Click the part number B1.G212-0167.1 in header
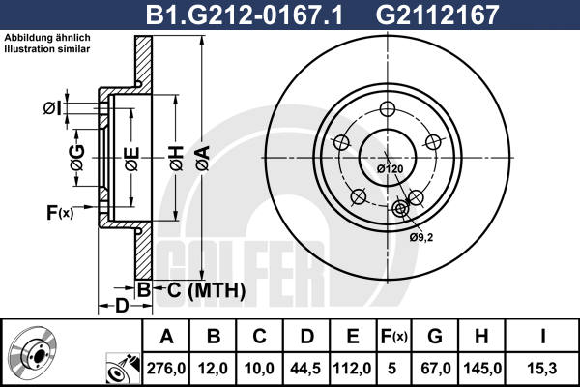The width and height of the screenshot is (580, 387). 245,15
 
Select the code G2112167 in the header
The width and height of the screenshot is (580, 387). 438,15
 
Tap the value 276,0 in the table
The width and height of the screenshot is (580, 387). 166,369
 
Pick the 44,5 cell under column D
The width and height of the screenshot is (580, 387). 305,369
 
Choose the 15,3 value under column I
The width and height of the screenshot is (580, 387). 542,369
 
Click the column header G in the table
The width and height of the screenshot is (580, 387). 435,337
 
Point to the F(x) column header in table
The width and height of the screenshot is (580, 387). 394,337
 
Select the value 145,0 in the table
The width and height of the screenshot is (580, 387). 482,369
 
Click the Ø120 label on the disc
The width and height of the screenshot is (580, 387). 390,169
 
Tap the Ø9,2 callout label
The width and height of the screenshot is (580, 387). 420,237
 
